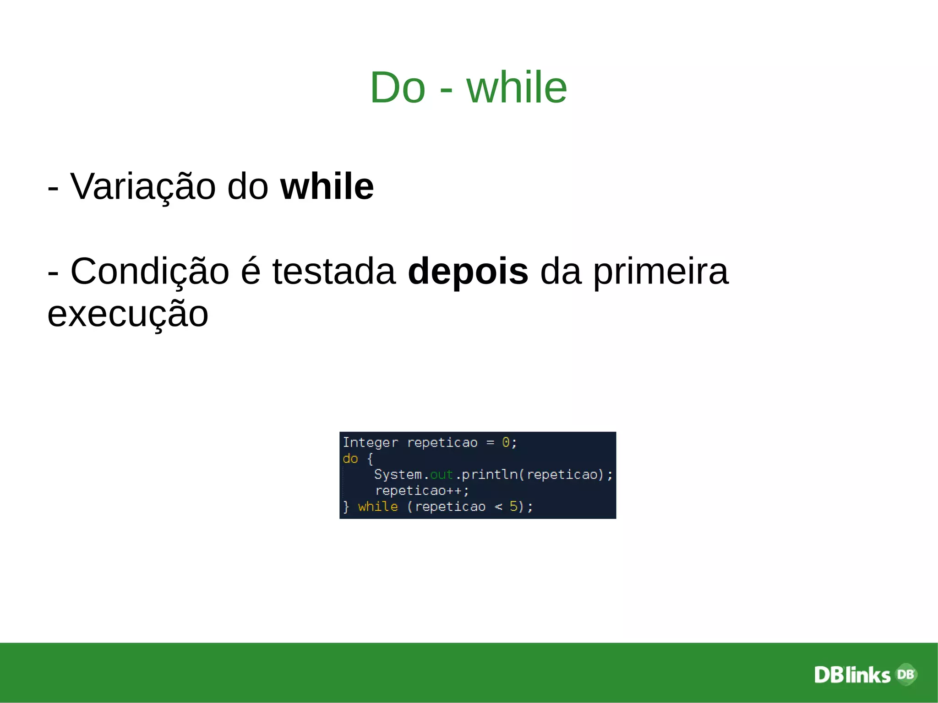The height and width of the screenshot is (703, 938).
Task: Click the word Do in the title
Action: (x=398, y=87)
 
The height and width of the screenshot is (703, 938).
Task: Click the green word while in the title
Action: (x=517, y=87)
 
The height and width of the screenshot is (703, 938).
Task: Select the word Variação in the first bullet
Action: (x=143, y=187)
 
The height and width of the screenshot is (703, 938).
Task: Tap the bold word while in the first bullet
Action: (x=327, y=186)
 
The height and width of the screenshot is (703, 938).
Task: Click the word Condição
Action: (x=149, y=272)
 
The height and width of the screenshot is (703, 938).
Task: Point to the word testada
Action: (x=334, y=272)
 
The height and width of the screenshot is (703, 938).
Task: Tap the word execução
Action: (x=128, y=315)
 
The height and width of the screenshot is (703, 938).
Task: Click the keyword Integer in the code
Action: (x=370, y=442)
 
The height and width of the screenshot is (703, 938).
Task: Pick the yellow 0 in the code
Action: (x=506, y=442)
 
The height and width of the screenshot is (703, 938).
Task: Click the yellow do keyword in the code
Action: (x=350, y=458)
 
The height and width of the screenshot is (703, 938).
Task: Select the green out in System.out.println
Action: (x=441, y=474)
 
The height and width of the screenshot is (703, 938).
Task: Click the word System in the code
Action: (x=398, y=474)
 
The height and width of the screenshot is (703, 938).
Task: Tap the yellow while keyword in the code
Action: (x=378, y=507)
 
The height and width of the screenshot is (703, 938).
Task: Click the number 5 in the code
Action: (x=513, y=507)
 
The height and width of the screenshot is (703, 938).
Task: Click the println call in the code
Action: (x=489, y=474)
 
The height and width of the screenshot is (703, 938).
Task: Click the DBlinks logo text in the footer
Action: (x=852, y=675)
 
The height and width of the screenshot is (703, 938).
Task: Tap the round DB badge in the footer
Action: (x=906, y=674)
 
